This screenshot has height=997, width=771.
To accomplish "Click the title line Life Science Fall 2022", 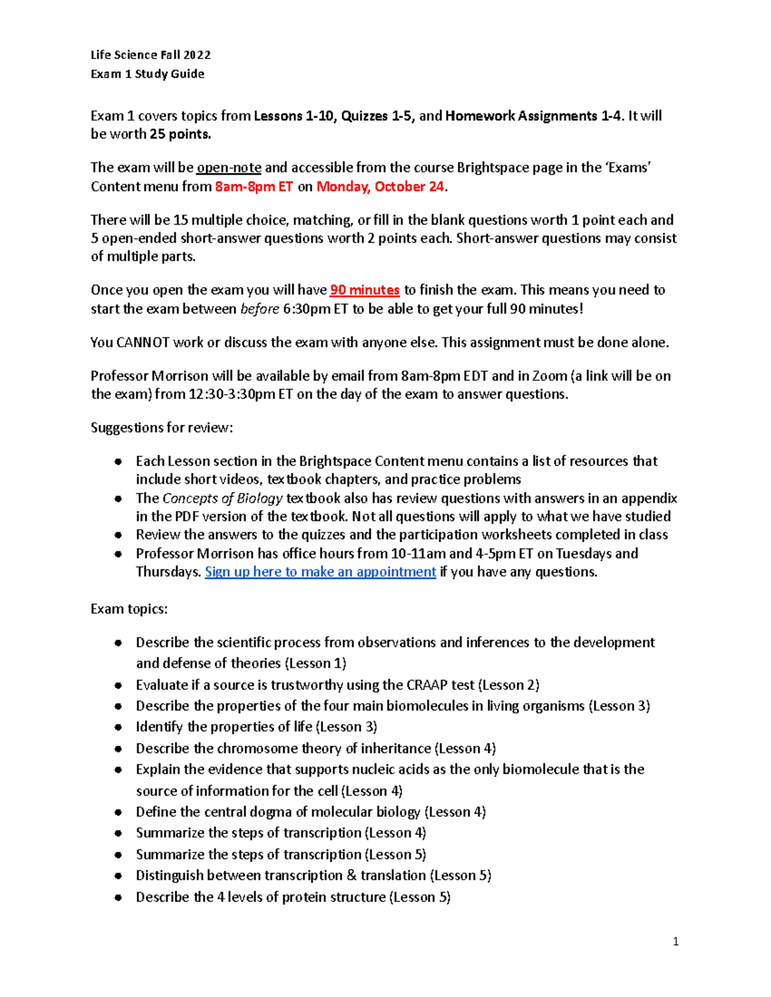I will (150, 55).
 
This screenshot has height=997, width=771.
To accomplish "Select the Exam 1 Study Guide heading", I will (147, 74).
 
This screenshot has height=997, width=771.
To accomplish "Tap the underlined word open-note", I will (229, 168).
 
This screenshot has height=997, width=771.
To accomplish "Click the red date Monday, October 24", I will (380, 187).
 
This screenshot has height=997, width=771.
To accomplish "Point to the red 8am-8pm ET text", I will (254, 187).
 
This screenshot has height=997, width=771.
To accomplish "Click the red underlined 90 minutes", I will (364, 290).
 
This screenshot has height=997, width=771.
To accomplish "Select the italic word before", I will (260, 309).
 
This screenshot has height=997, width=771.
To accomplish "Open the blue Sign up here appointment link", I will (320, 572).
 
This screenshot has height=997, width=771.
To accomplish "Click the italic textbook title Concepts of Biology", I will (222, 499).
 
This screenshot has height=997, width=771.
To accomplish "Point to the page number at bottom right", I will (675, 942).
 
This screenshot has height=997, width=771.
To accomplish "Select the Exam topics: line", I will (129, 609).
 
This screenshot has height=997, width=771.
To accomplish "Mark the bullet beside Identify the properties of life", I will (118, 727).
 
